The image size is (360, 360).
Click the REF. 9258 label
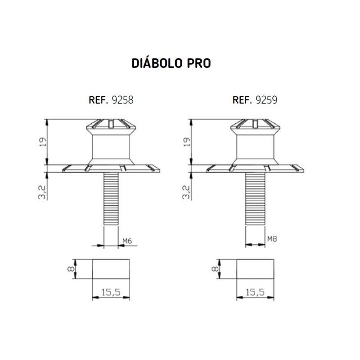110,100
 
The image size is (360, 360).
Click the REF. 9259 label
255,100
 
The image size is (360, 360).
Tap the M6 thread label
128,241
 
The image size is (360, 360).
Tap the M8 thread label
271,239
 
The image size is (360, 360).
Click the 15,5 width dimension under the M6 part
110,292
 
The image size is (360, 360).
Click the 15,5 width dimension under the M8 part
255,292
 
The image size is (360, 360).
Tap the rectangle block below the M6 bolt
111,269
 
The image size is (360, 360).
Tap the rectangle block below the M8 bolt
255,269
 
